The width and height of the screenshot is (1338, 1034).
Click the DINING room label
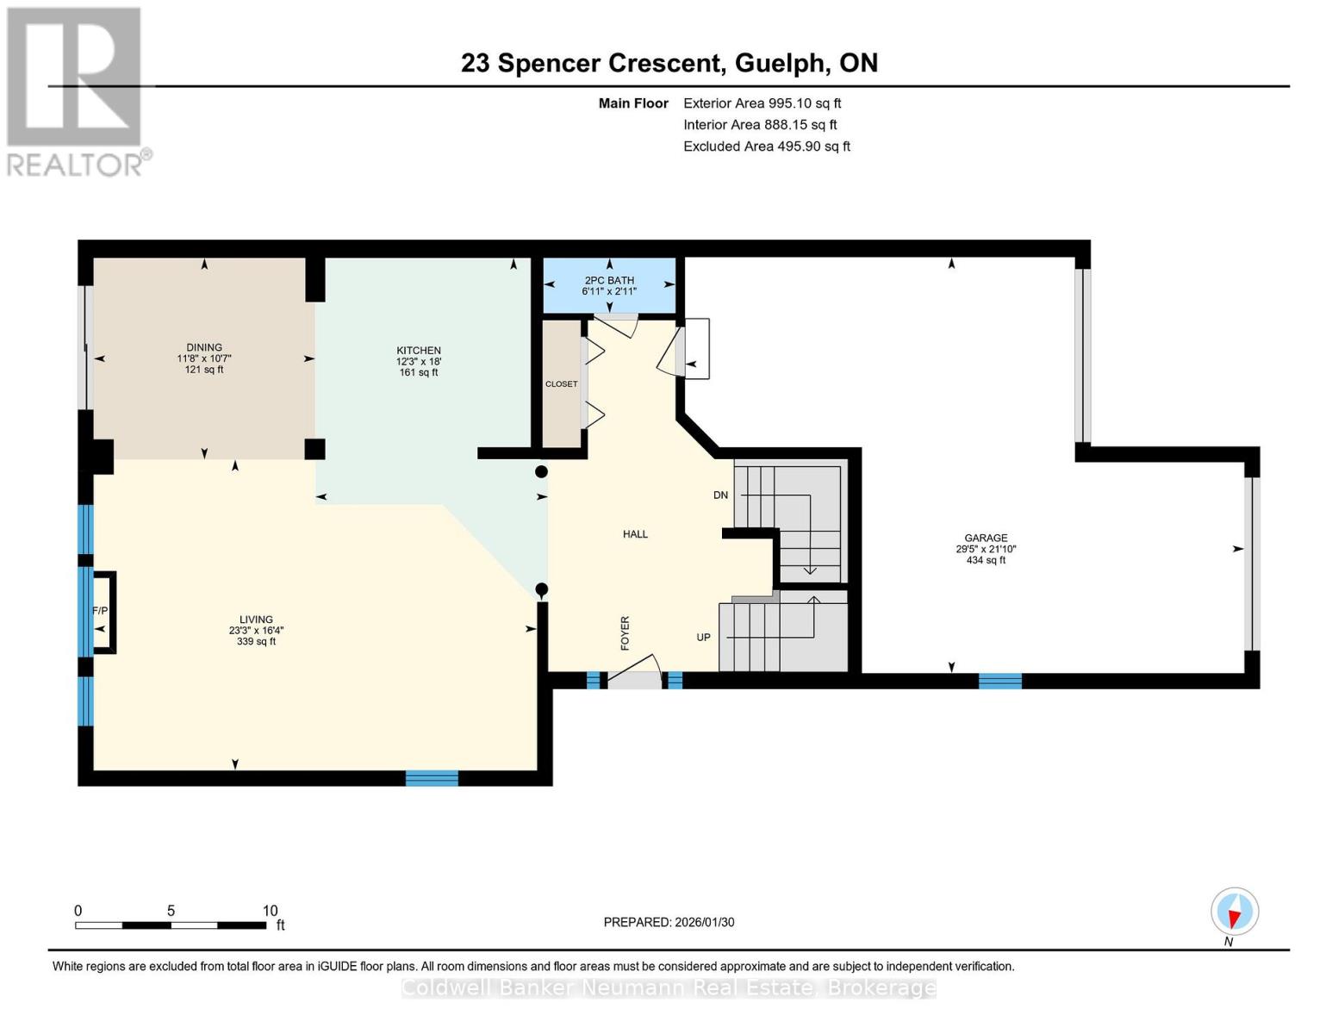(204, 348)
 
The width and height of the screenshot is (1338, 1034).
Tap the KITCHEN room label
(419, 351)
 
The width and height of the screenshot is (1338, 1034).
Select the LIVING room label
(256, 620)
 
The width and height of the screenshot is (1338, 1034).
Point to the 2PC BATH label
(609, 280)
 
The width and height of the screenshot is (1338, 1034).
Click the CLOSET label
(561, 384)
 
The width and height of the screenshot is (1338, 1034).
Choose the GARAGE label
(986, 538)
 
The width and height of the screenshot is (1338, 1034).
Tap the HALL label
(635, 534)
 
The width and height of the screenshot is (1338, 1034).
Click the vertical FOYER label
(625, 632)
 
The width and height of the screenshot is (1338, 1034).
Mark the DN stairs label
(720, 495)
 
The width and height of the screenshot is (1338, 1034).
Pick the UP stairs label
(703, 638)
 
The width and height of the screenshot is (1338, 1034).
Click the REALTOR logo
(76, 90)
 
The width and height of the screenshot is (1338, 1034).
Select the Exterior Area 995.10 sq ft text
(762, 103)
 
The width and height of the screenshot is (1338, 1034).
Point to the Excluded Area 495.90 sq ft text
(766, 146)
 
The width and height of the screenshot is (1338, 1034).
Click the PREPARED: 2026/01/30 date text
(669, 922)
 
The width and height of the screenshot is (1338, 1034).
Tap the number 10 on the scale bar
(270, 911)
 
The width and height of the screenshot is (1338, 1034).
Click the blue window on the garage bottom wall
(999, 681)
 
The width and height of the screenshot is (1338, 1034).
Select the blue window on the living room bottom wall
(432, 779)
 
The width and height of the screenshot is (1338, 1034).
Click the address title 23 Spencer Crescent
(591, 63)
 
